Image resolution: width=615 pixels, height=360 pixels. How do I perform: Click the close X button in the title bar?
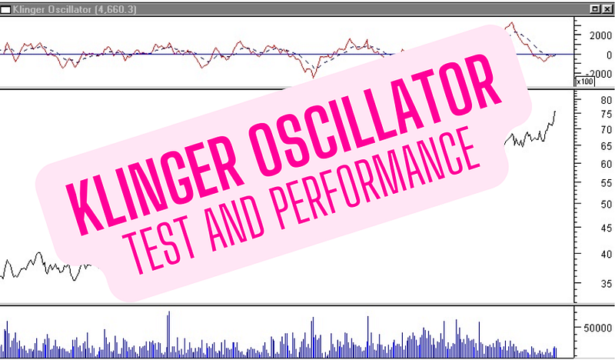(x=609, y=9)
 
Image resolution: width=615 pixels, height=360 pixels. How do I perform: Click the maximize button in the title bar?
(x=595, y=9)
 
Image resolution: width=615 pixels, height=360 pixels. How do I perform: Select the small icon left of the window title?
(x=5, y=9)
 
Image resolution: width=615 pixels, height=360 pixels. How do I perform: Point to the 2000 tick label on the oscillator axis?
(x=600, y=35)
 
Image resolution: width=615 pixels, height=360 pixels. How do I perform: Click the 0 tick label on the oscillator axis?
(x=609, y=55)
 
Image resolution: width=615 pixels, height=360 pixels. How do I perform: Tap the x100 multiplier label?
(x=585, y=82)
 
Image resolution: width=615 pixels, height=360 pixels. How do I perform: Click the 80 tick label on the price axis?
(x=607, y=100)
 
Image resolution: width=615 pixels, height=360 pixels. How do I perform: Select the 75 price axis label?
(x=607, y=115)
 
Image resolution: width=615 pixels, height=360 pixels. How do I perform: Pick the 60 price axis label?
(x=607, y=164)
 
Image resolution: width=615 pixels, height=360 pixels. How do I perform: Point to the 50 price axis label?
(x=607, y=204)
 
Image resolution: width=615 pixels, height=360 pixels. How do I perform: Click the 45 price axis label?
(x=607, y=228)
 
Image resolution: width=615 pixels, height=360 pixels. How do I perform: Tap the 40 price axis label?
(x=607, y=255)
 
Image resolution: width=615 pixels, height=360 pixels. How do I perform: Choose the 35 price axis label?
(x=607, y=283)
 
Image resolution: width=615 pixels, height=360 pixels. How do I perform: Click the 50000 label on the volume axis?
(x=598, y=328)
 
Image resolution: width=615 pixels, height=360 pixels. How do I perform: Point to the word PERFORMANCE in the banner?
(x=377, y=178)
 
